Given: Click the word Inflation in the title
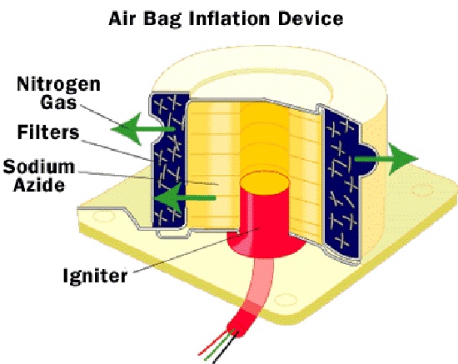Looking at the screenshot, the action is pos(229,18).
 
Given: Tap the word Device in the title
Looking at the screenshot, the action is pos(310,18).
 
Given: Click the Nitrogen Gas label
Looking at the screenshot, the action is pos(59,93).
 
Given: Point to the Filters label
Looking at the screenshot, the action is pos(48,132).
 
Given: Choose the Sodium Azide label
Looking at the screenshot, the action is pos(39,175).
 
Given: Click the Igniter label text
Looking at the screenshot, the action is pos(96,275).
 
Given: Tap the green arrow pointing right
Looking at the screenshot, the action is pos(386,159).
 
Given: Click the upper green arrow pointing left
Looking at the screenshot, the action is pos(143,129).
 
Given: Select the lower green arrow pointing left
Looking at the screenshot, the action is pos(185,197).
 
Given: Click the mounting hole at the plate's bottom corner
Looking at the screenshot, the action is pos(286,300).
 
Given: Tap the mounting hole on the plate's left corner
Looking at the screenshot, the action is pos(104,217).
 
